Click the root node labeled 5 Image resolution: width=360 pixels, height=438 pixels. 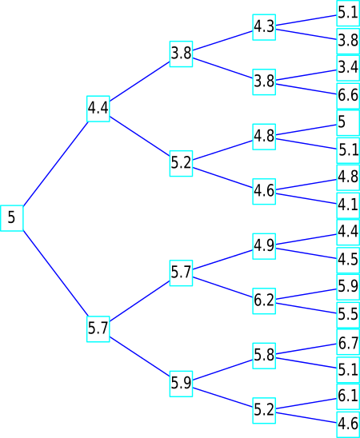(x=11, y=218)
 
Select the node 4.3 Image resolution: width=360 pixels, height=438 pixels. (x=264, y=27)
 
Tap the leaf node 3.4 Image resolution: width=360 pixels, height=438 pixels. (x=348, y=68)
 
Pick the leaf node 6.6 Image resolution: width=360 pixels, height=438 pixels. (x=348, y=96)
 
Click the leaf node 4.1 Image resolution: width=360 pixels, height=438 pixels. (x=348, y=205)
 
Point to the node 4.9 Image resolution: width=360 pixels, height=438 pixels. (x=264, y=246)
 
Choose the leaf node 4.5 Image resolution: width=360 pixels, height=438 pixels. (x=348, y=260)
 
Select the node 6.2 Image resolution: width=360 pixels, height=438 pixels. (x=264, y=301)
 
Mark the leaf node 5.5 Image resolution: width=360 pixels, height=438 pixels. (x=348, y=315)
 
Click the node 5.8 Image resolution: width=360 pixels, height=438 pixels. (x=264, y=356)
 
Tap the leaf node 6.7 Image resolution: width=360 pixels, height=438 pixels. (x=348, y=342)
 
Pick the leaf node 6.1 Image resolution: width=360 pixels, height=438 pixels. (x=348, y=396)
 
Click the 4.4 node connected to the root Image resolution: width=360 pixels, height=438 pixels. (x=98, y=109)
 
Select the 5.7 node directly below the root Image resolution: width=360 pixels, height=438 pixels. (x=98, y=328)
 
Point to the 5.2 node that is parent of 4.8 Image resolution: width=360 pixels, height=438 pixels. (x=181, y=163)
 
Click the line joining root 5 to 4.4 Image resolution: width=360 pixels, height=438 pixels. (x=55, y=164)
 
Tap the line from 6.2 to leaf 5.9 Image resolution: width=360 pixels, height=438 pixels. (x=306, y=294)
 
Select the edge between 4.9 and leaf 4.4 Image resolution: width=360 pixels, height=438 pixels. (x=306, y=240)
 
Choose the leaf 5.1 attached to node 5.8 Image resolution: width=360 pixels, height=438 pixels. (x=348, y=369)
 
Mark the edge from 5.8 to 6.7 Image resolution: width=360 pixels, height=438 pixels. (x=306, y=349)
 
